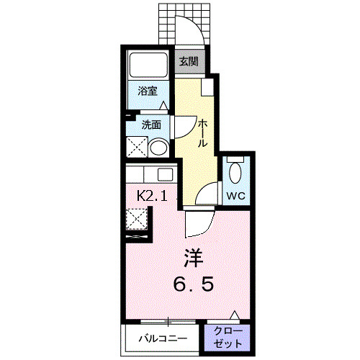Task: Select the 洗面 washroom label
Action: coord(150,124)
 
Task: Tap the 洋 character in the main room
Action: coord(192,258)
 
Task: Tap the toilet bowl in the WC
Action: coord(235,173)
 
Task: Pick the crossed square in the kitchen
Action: coord(136,218)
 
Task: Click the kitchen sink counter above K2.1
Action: coord(150,174)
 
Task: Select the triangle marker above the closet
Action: coord(235,315)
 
